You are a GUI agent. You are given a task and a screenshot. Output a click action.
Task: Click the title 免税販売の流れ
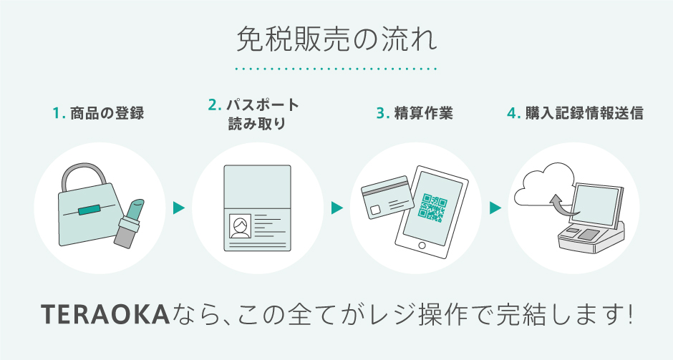click(x=336, y=40)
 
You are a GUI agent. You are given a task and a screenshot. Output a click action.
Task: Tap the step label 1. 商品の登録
click(x=99, y=114)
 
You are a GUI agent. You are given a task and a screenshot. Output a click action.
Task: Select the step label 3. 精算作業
click(x=415, y=114)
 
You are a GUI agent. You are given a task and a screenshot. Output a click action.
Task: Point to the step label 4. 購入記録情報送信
click(x=575, y=114)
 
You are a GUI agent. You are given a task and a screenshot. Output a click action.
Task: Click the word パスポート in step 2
click(x=263, y=105)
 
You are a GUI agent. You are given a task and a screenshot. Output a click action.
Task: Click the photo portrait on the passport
click(x=239, y=227)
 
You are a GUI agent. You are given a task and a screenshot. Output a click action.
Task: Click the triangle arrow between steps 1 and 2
click(x=178, y=208)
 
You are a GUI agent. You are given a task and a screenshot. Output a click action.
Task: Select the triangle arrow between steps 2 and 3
click(x=336, y=208)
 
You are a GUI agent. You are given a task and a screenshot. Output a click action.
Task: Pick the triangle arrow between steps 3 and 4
click(x=494, y=208)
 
